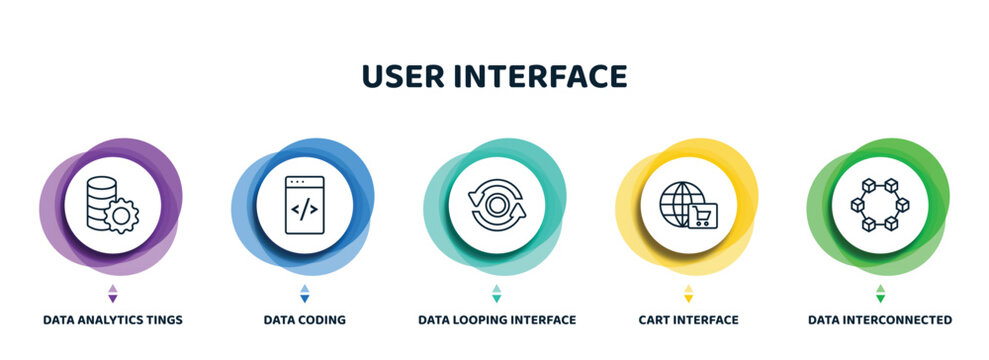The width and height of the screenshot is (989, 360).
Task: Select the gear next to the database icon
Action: [122, 216]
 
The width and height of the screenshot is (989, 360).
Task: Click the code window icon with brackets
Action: [304, 205]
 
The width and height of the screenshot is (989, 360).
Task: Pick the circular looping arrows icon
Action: [497, 205]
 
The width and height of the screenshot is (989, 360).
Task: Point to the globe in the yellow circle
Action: [679, 203]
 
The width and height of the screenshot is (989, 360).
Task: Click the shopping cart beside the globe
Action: [703, 213]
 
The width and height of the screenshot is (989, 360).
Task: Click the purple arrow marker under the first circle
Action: [112, 293]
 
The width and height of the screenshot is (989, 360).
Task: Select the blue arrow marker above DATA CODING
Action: [305, 293]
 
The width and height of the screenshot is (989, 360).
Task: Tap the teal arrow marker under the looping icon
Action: [497, 293]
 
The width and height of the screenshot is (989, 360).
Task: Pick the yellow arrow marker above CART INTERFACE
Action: [688, 293]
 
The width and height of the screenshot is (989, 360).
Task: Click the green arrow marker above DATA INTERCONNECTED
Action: [880, 293]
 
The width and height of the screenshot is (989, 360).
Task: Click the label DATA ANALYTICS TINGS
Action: [113, 321]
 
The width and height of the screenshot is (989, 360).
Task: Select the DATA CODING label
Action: [305, 321]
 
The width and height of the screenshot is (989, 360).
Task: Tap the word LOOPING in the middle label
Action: [483, 321]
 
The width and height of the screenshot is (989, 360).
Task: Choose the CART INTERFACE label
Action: [689, 321]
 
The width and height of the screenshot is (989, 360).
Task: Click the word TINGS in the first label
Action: [163, 321]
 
